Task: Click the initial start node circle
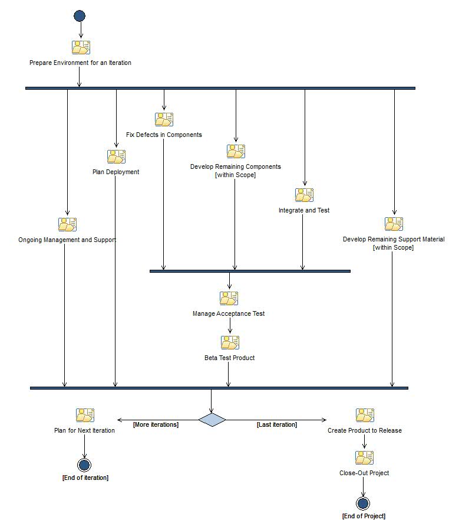[80, 16]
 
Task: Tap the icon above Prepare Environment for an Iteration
[81, 47]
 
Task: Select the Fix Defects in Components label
[164, 135]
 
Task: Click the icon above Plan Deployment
[116, 156]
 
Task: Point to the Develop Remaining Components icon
[236, 151]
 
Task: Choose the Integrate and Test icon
[304, 195]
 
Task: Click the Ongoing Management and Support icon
[67, 224]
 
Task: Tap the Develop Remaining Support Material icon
[394, 224]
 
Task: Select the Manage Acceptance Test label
[229, 313]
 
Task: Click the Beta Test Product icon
[230, 342]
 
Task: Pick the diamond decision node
[212, 420]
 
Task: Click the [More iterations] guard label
[156, 424]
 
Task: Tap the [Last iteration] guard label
[277, 424]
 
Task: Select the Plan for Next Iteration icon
[85, 415]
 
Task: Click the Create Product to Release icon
[365, 415]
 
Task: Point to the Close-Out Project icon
[364, 457]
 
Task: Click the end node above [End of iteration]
[84, 465]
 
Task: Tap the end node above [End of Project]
[363, 504]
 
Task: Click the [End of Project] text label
[364, 516]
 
